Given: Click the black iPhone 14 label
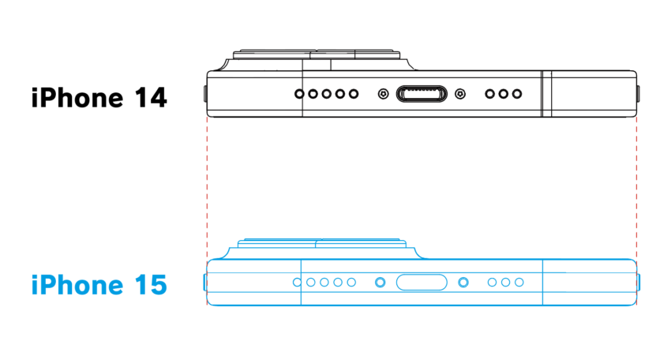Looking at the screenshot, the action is click(99, 98).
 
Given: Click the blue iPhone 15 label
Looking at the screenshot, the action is click(99, 285).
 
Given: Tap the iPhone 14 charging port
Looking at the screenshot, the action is click(422, 94).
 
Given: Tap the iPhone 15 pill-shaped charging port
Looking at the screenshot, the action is click(422, 283).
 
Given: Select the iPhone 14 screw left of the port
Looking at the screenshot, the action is click(384, 94).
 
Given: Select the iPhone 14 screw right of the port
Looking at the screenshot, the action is click(460, 94).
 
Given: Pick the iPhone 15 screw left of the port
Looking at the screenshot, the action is click(380, 283).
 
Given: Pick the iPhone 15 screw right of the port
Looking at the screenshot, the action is click(463, 283).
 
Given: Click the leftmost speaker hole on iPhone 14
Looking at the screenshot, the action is click(299, 94).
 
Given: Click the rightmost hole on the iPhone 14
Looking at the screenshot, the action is click(517, 94).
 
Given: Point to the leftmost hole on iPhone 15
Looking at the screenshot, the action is click(298, 283).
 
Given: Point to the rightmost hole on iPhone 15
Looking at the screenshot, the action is click(519, 283).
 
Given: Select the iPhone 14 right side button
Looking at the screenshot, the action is click(638, 94).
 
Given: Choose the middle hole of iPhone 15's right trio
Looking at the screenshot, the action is click(505, 283).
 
